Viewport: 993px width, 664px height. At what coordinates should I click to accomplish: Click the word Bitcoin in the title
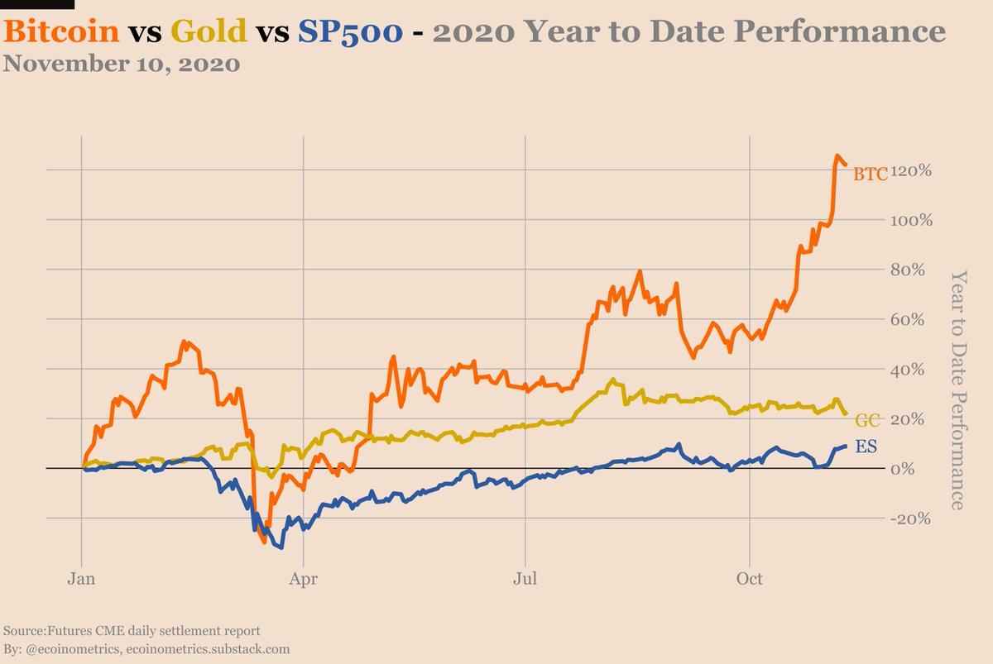click(x=63, y=31)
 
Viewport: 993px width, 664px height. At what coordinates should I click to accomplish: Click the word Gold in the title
click(x=209, y=31)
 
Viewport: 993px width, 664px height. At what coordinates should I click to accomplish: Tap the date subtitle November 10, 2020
click(x=122, y=64)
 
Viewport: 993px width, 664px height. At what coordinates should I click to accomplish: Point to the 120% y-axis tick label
click(x=912, y=170)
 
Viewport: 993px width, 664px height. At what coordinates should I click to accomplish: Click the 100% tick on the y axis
click(x=912, y=221)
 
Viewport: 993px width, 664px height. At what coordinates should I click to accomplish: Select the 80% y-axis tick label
click(x=915, y=270)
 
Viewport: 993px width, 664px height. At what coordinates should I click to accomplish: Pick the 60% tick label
click(x=915, y=320)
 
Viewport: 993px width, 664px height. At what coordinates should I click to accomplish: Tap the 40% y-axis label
click(x=915, y=370)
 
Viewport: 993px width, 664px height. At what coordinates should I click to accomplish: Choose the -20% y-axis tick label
click(x=912, y=518)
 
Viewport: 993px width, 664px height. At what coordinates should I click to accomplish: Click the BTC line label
click(x=870, y=174)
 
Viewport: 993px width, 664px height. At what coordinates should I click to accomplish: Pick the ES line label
click(x=866, y=447)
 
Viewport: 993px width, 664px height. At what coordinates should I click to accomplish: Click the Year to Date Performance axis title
click(x=957, y=389)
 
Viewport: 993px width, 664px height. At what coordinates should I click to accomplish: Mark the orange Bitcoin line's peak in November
click(x=837, y=155)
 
